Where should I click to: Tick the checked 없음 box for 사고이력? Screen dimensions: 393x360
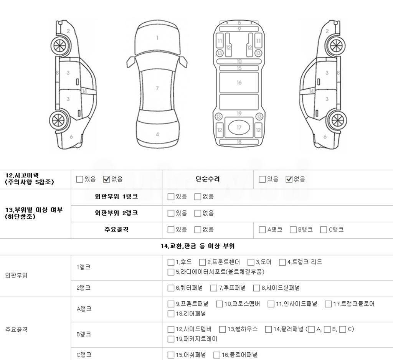[107, 179]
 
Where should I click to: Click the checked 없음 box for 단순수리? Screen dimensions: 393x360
[289, 179]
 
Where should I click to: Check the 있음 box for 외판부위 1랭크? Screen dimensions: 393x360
[171, 197]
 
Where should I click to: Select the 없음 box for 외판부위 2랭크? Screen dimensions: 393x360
[198, 213]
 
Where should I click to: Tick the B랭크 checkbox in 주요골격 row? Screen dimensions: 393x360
[293, 230]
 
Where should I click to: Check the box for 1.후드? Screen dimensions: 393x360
[171, 262]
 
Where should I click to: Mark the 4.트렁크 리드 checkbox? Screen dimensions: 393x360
[282, 262]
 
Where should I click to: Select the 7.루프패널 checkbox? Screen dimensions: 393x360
[213, 288]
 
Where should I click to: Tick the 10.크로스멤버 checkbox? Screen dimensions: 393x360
[219, 304]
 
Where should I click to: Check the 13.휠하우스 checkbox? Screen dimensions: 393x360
[222, 329]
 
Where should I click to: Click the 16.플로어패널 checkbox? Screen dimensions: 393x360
[217, 355]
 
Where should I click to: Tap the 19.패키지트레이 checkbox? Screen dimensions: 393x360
[171, 339]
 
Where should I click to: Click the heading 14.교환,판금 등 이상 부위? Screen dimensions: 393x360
[198, 246]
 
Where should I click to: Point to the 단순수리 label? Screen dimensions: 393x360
[208, 179]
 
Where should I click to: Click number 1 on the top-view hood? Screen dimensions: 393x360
[157, 38]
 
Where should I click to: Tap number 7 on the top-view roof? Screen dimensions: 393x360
[157, 88]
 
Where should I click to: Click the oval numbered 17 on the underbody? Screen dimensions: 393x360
[239, 127]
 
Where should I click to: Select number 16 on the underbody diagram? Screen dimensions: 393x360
[239, 83]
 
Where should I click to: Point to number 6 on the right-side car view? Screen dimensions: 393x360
[325, 137]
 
